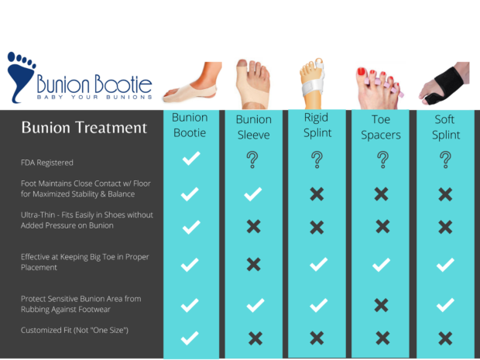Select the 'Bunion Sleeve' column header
click(253, 128)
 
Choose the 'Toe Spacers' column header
click(382, 127)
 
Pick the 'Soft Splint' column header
click(445, 127)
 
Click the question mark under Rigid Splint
click(317, 160)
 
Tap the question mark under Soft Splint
click(445, 160)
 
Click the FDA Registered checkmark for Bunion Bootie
click(190, 159)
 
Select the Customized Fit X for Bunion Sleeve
click(253, 338)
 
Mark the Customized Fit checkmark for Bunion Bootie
click(190, 338)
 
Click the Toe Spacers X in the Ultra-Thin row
click(382, 226)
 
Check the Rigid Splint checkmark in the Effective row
click(317, 265)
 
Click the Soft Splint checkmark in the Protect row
click(445, 305)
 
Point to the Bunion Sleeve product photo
click(253, 84)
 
